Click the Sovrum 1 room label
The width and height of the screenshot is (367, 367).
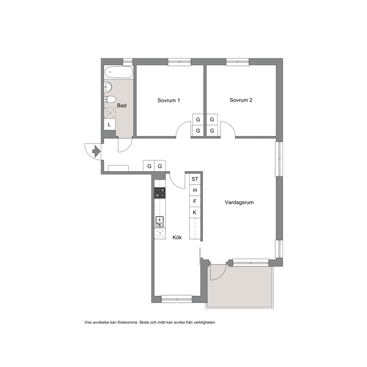169,100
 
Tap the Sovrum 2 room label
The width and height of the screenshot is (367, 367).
241,100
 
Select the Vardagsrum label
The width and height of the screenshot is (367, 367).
239,202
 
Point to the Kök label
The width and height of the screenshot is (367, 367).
177,238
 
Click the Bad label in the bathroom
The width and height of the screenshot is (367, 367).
122,105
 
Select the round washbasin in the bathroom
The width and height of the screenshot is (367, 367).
108,87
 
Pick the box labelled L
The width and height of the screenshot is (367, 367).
110,125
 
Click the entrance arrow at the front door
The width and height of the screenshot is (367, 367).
97,151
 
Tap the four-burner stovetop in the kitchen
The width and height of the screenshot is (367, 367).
160,193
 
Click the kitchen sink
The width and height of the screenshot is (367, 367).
159,222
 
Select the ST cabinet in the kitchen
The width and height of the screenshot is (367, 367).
195,179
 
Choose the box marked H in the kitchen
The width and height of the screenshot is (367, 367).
195,190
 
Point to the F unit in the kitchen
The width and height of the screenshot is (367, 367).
195,201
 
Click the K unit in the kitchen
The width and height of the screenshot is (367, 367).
195,212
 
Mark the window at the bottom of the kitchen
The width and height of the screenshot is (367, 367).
177,299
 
